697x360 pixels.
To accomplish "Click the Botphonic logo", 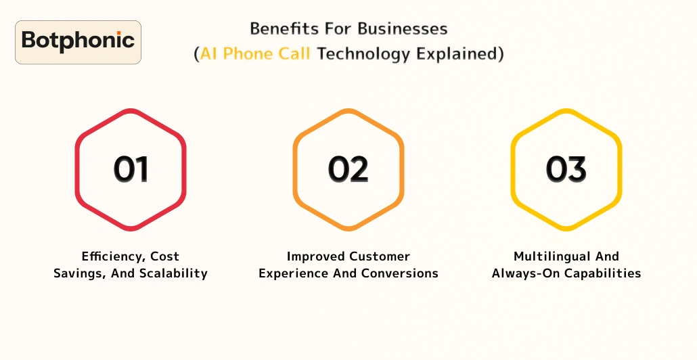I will tap(78, 42).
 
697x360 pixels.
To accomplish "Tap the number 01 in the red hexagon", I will tap(131, 169).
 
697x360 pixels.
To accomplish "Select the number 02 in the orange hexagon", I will tap(348, 169).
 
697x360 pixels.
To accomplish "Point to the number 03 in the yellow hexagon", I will tap(566, 169).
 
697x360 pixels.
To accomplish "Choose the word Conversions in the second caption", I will tap(403, 273).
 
